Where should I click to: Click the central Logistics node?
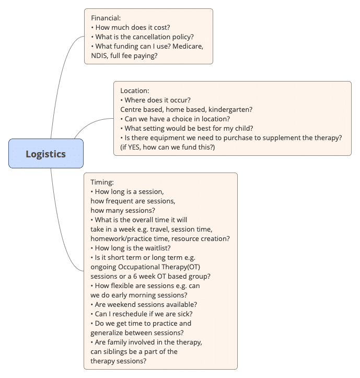click(46, 154)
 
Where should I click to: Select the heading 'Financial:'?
click(106, 18)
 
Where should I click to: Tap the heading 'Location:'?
click(135, 90)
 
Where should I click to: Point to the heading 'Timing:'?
click(102, 182)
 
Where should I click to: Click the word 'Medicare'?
click(188, 46)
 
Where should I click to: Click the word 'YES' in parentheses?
click(134, 147)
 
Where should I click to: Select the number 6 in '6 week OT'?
click(135, 276)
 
